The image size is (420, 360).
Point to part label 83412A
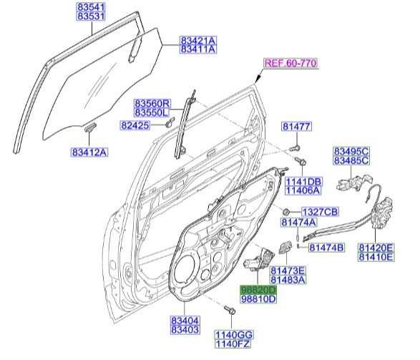[x=89, y=152]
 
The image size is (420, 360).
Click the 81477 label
[x=296, y=127]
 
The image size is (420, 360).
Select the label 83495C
[x=351, y=151]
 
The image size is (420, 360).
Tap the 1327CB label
[x=319, y=213]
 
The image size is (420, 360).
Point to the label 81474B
[x=326, y=248]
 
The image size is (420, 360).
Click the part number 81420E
[x=376, y=246]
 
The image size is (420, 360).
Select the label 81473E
[x=288, y=270]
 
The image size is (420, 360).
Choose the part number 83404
[x=185, y=320]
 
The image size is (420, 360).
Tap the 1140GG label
[x=234, y=334]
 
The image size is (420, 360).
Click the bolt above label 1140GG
[x=230, y=310]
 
